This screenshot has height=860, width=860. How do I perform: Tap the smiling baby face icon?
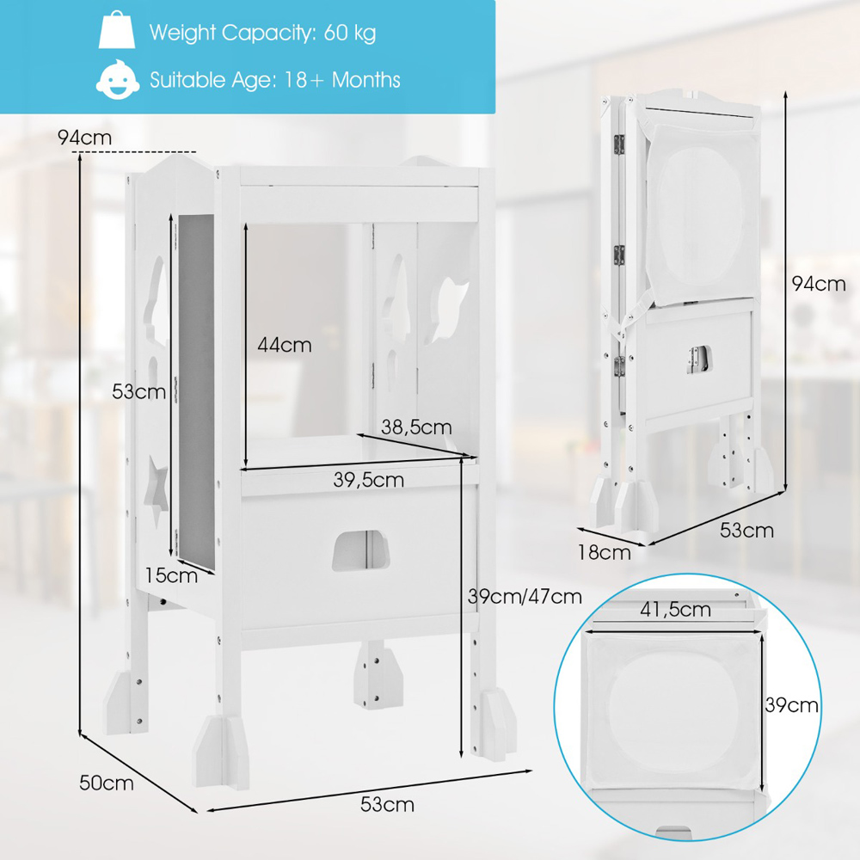tap(117, 79)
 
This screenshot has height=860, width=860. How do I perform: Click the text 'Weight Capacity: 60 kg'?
tap(262, 33)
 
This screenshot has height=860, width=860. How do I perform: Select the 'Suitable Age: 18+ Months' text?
tap(275, 80)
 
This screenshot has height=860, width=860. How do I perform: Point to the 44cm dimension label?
tap(284, 345)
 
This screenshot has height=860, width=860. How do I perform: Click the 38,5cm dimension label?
tap(416, 427)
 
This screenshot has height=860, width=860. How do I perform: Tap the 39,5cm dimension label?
tap(369, 480)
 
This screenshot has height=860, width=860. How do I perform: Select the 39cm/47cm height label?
tap(525, 596)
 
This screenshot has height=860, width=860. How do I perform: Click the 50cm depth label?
tap(107, 783)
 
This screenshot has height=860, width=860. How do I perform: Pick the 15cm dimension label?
tap(171, 575)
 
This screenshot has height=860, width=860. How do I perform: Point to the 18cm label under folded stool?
tap(604, 552)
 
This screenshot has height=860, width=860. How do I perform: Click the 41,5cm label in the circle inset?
tap(675, 610)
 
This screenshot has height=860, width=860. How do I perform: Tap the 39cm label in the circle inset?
tap(791, 705)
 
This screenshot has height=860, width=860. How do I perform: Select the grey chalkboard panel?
tap(196, 390)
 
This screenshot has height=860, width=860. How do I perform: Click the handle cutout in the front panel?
tap(360, 550)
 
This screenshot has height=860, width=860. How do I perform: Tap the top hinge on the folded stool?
tap(619, 144)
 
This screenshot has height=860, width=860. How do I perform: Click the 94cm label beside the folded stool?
tap(819, 284)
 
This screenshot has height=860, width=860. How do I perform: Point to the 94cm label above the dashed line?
tap(84, 137)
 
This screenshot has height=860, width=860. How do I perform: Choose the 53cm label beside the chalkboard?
tap(138, 391)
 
